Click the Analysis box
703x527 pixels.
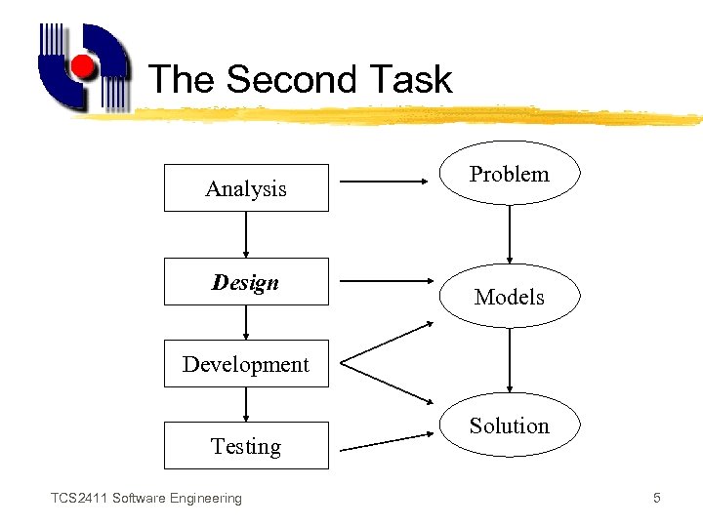[246, 188]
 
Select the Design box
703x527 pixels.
[246, 282]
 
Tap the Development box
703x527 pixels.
[246, 364]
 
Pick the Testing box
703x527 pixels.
[246, 446]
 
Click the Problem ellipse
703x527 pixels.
[510, 174]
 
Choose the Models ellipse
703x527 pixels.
[510, 296]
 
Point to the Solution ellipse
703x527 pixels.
[510, 426]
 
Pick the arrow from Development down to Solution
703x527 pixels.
[389, 385]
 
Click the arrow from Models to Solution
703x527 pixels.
[510, 361]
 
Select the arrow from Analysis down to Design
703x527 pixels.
[246, 234]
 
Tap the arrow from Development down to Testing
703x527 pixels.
[246, 404]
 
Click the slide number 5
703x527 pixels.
[657, 499]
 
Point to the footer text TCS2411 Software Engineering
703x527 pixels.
[146, 499]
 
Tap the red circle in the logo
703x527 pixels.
[83, 66]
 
